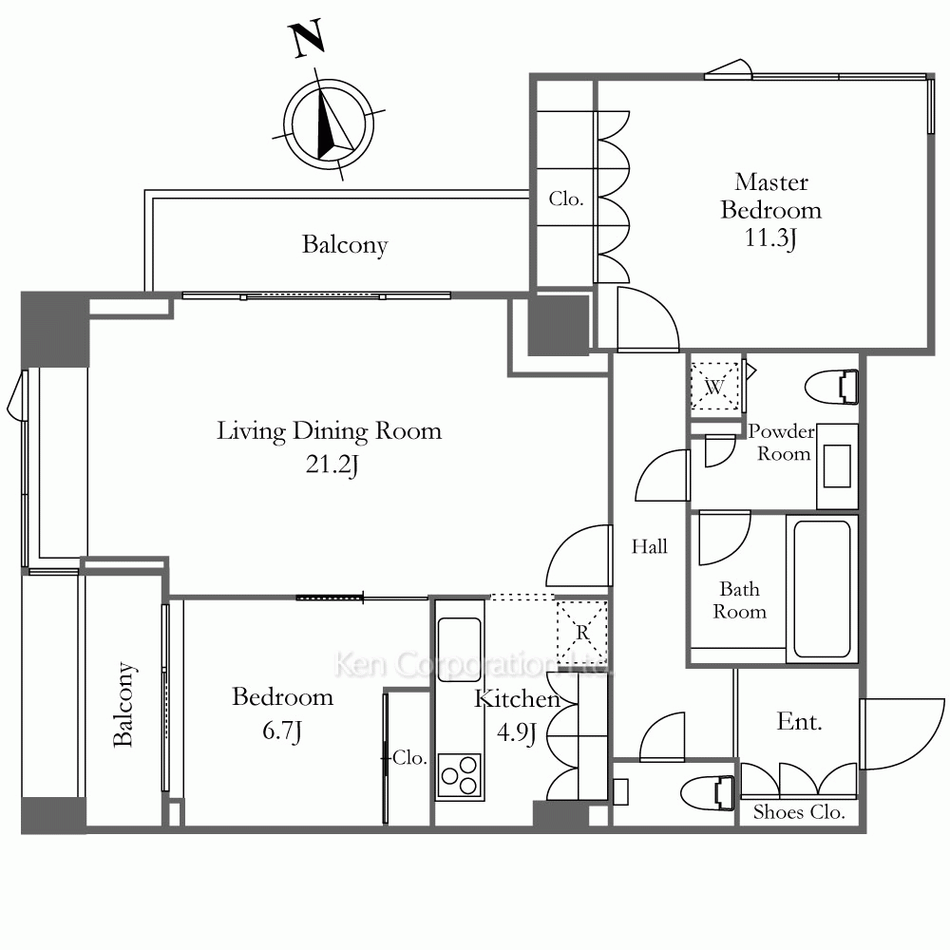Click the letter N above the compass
tap(309, 39)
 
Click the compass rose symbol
tap(329, 124)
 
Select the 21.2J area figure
tap(332, 465)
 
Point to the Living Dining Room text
tap(329, 430)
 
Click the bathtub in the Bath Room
tap(822, 589)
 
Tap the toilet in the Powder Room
tap(831, 388)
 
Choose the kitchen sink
tap(459, 641)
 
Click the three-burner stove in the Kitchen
tap(459, 775)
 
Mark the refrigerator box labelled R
tap(581, 633)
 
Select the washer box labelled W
tap(715, 386)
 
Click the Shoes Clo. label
tap(799, 812)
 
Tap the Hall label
tap(649, 546)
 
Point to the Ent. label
tap(799, 722)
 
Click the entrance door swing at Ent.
tap(902, 733)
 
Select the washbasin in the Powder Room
tap(837, 465)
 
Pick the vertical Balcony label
tap(123, 704)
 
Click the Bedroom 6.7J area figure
tap(282, 731)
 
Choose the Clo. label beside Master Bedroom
tap(566, 199)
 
